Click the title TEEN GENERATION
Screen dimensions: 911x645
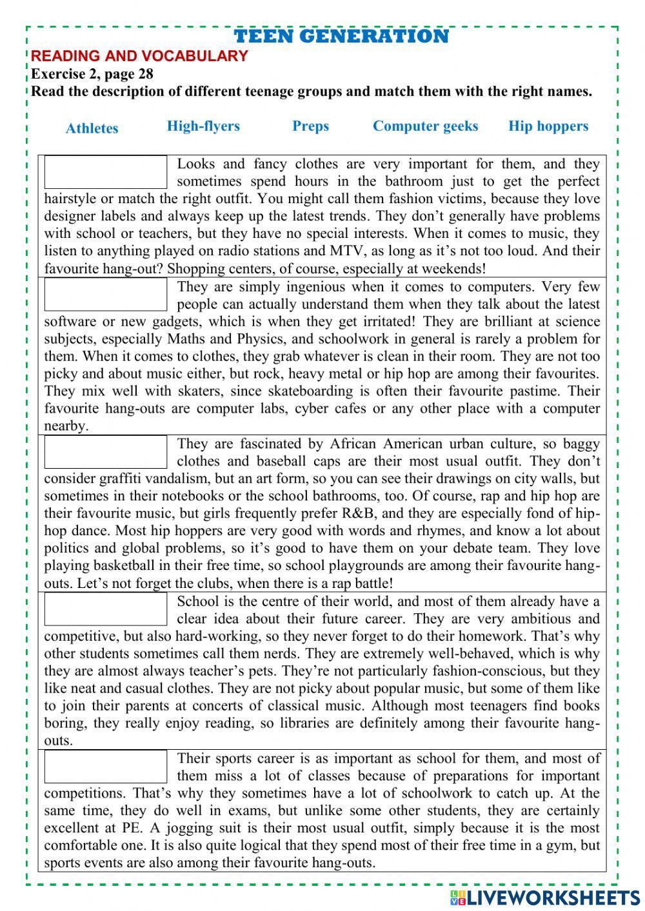tap(341, 36)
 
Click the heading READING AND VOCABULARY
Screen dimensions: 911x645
tap(139, 56)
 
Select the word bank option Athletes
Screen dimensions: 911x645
tap(92, 128)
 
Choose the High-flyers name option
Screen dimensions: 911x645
tap(203, 126)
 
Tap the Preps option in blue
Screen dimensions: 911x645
tap(310, 126)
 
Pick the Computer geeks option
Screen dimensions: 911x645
tap(425, 126)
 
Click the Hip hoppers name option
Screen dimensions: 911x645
tap(548, 126)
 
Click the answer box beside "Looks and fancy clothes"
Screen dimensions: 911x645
tap(106, 172)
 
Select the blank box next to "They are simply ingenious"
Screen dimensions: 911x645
tap(106, 295)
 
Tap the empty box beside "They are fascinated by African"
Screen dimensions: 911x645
tap(106, 452)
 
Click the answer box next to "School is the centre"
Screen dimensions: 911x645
tap(106, 609)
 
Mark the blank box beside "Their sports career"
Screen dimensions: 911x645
tap(106, 767)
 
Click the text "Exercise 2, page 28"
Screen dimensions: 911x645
tap(92, 73)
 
